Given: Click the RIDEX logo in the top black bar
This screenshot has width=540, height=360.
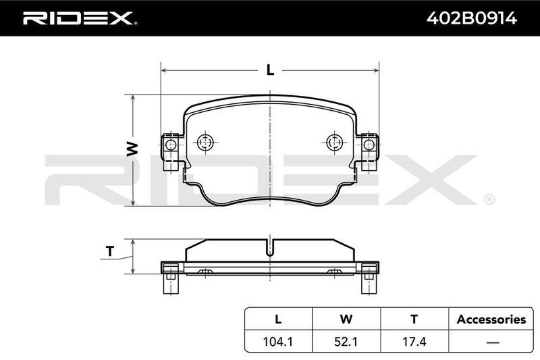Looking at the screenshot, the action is pos(80,18).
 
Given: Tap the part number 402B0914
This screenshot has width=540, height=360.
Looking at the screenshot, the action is pos(471,18).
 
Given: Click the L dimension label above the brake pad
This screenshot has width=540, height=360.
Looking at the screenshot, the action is pos(271,70).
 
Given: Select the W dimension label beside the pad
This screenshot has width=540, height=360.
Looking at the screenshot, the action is pos(132,149).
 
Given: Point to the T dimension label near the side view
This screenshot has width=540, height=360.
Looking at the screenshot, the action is pos(110,251).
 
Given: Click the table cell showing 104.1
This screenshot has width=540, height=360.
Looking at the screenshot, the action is pos(278,341).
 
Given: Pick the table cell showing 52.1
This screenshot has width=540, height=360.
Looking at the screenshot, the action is pos(346,341).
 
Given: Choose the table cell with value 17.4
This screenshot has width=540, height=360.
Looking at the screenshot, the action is pos(414,341).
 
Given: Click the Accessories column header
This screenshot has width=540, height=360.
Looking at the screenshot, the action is pos(491,319).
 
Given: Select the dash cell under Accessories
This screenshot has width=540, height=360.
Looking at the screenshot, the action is pos(493,342).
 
